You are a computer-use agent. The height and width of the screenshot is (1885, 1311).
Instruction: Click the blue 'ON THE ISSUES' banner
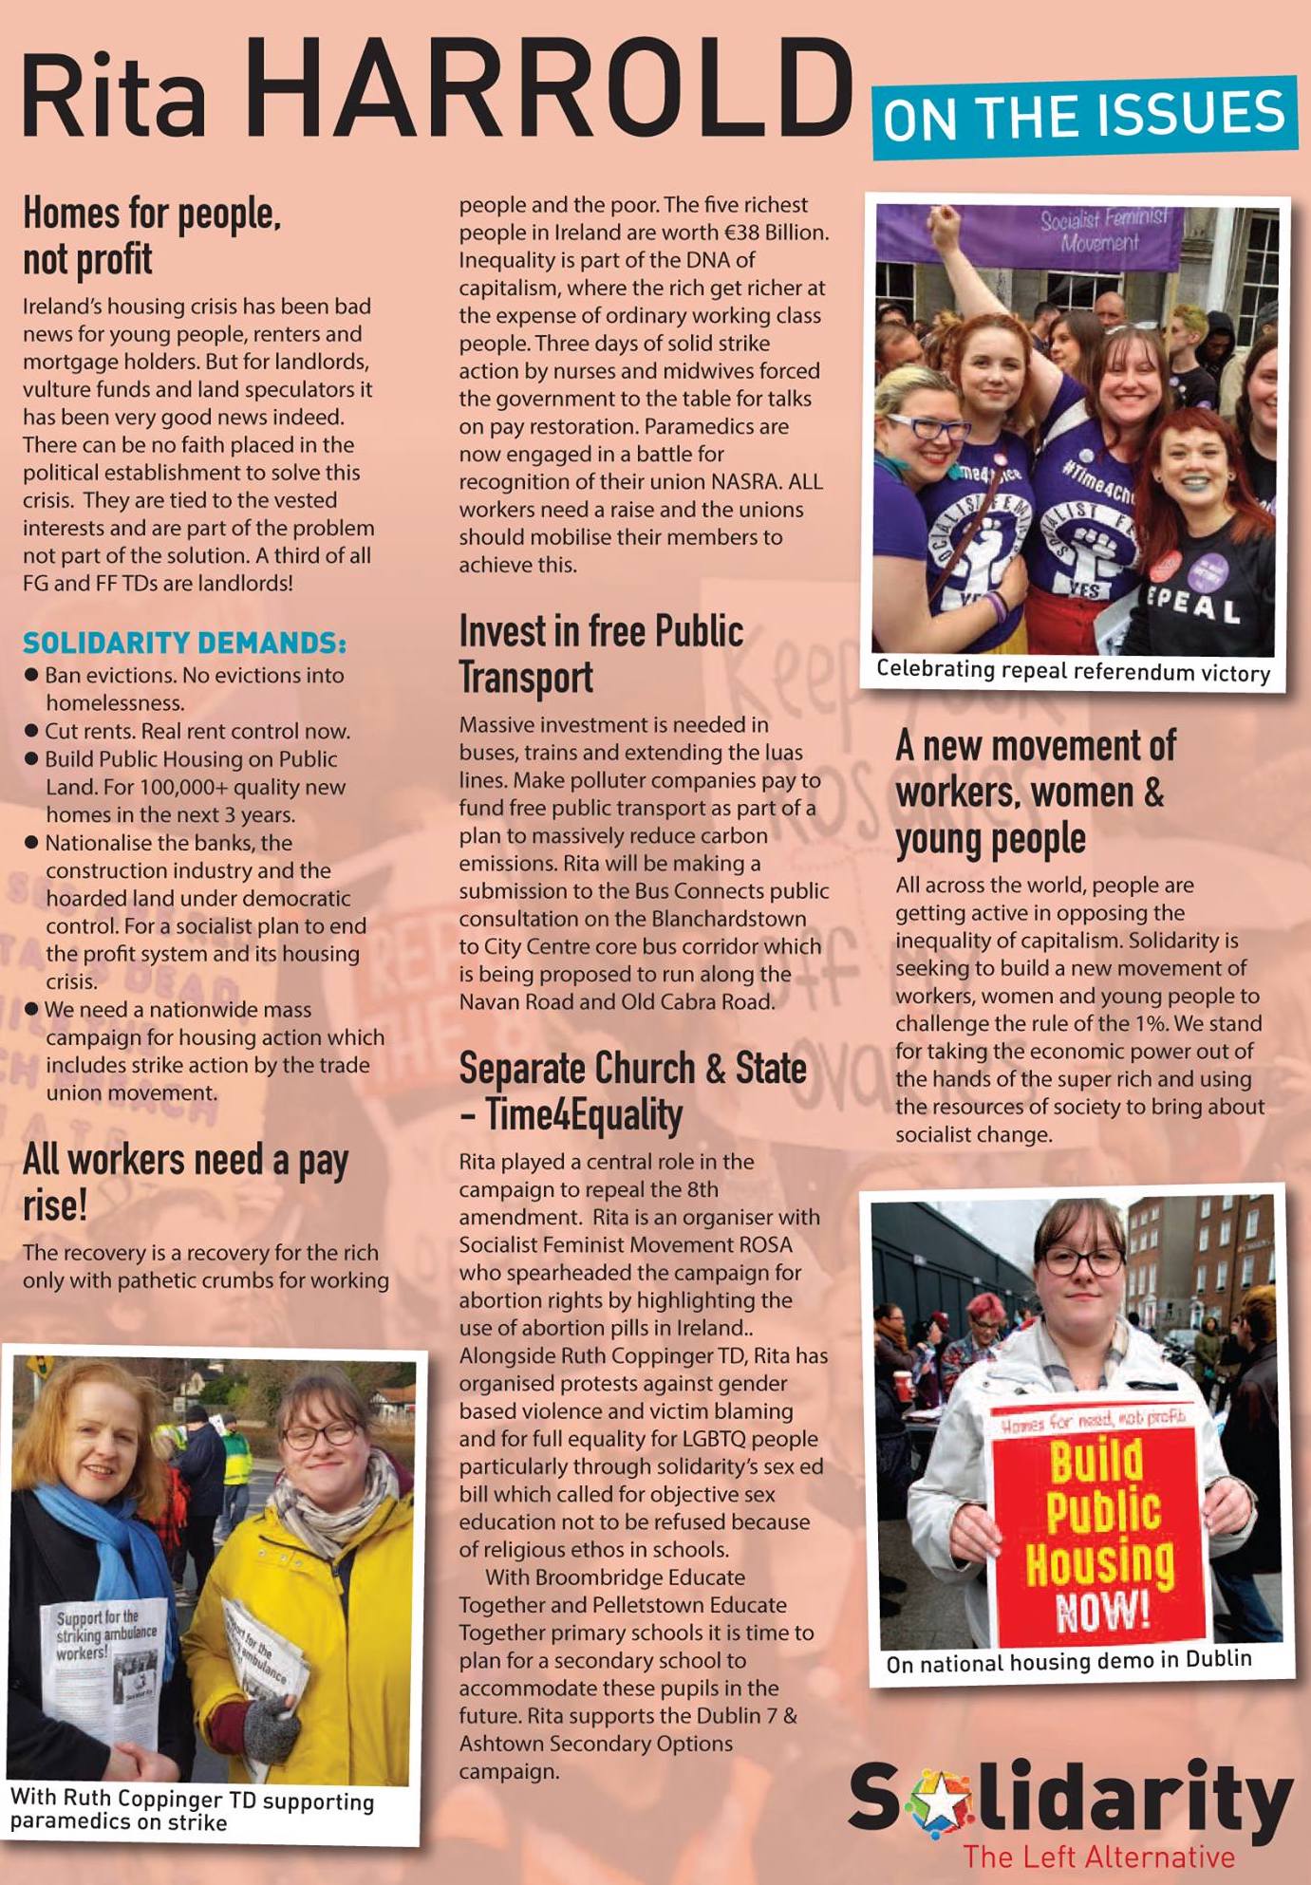[x=1083, y=115]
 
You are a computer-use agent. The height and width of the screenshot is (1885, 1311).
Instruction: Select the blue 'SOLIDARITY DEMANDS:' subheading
[x=184, y=643]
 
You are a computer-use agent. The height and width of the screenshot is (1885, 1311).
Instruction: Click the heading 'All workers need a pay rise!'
[x=185, y=1182]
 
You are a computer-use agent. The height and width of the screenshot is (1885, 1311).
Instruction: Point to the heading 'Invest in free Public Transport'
[x=601, y=654]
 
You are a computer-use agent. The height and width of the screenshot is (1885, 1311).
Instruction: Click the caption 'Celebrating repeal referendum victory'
[x=1073, y=671]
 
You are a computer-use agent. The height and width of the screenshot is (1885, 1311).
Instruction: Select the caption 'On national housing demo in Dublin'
[x=1069, y=1662]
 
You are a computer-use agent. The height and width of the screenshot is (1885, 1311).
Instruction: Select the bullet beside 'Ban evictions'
[x=31, y=675]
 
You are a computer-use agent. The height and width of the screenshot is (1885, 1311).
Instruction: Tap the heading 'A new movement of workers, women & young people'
[x=1035, y=792]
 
